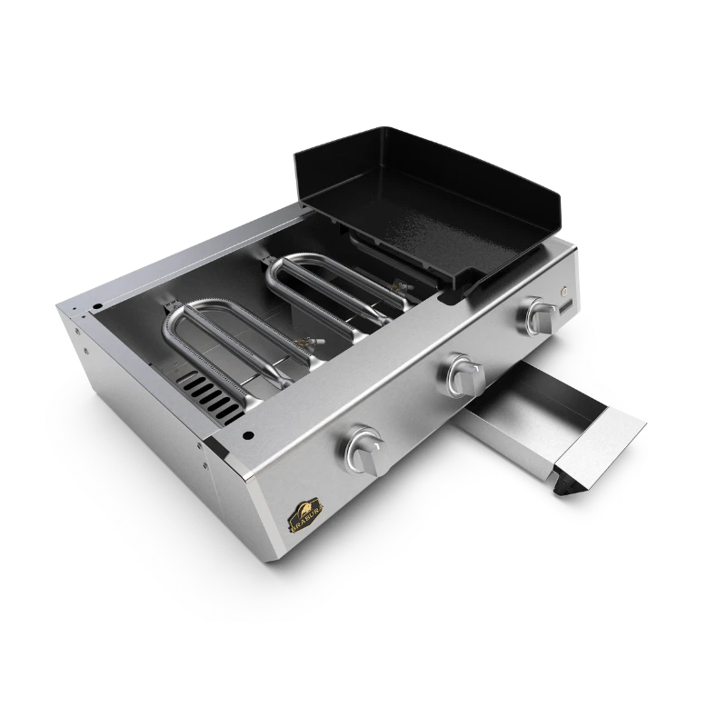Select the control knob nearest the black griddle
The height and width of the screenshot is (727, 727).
pyautogui.click(x=542, y=315)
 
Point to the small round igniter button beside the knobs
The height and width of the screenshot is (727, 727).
pyautogui.click(x=567, y=294)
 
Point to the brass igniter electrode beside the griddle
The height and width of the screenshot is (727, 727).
pyautogui.click(x=396, y=289)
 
